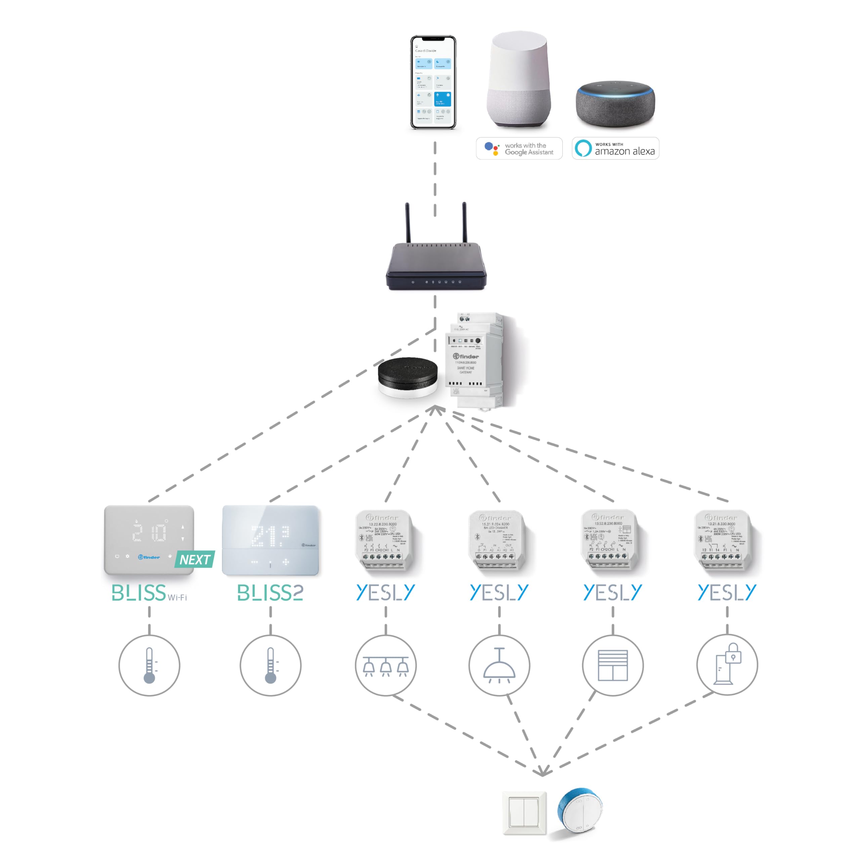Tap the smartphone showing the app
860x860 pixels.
click(433, 82)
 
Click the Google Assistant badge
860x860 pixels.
click(519, 148)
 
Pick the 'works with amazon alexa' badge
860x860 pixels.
click(615, 148)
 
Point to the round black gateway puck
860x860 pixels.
click(407, 376)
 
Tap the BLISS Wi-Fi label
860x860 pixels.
click(149, 593)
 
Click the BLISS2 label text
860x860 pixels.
click(270, 593)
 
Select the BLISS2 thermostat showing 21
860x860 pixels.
click(270, 540)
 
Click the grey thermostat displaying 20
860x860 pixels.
click(149, 540)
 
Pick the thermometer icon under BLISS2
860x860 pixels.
click(270, 665)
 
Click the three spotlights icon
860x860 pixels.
click(385, 665)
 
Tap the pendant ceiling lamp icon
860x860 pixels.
click(499, 665)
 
